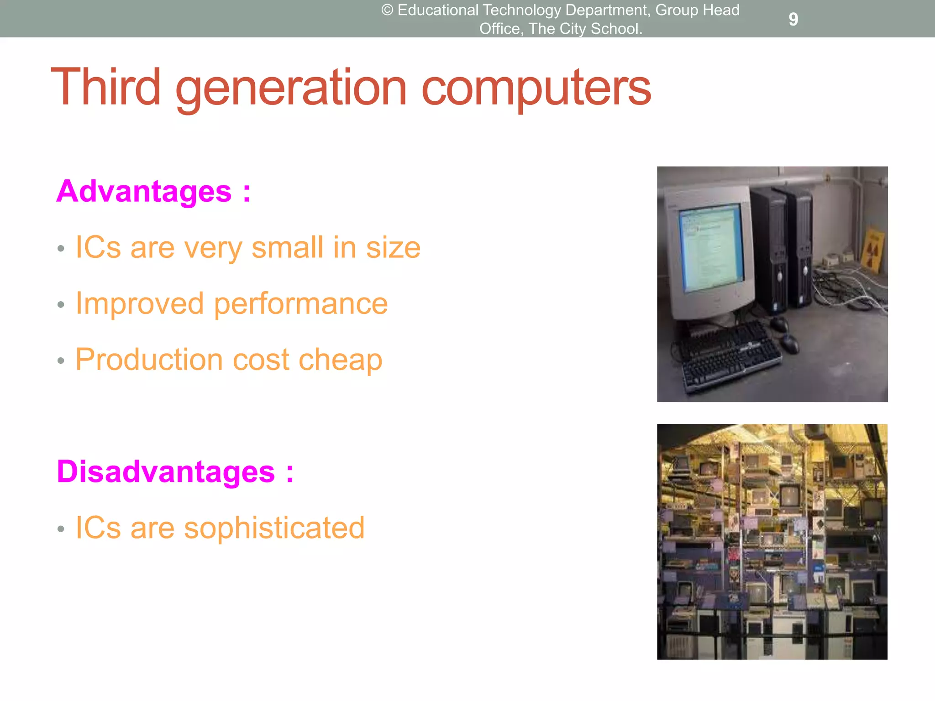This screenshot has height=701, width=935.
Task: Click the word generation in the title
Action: [x=291, y=88]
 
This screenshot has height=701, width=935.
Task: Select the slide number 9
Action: [x=793, y=19]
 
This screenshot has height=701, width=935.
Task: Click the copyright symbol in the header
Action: [x=387, y=10]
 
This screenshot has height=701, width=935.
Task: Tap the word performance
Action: [x=300, y=303]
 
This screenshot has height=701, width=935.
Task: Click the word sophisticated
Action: [x=274, y=528]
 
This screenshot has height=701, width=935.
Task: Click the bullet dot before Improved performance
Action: [x=61, y=305]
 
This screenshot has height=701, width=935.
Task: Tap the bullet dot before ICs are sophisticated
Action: [x=61, y=529]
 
